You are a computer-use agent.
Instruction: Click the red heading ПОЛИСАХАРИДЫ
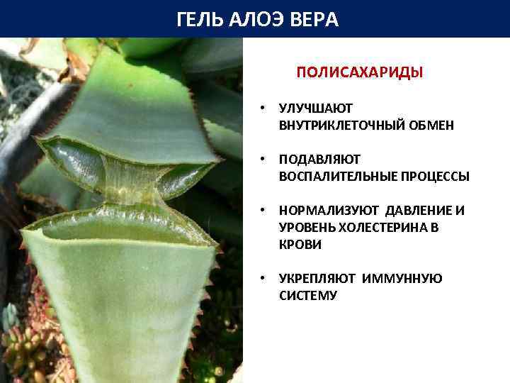click(359, 72)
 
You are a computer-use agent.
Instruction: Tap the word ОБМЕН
click(431, 126)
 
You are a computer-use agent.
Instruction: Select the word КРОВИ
click(300, 245)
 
